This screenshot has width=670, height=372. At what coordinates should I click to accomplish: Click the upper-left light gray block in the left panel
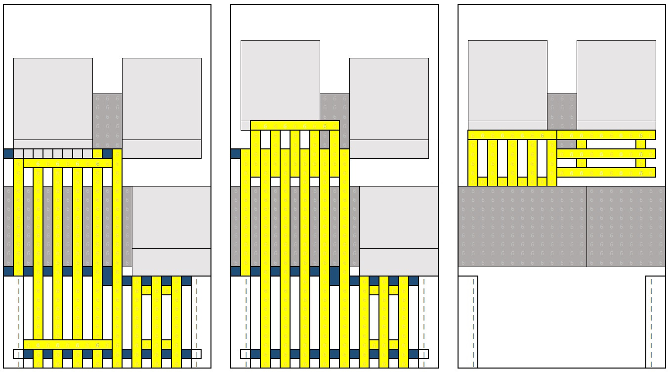pyautogui.click(x=53, y=99)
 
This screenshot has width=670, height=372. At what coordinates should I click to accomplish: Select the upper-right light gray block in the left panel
pyautogui.click(x=162, y=99)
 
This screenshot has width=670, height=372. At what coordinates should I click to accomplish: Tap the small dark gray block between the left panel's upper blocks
pyautogui.click(x=107, y=119)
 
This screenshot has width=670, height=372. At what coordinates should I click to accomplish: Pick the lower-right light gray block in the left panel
pyautogui.click(x=171, y=218)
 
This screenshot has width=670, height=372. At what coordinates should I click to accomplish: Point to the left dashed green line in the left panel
pyautogui.click(x=19, y=322)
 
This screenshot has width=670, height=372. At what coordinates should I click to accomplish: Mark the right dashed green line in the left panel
pyautogui.click(x=197, y=322)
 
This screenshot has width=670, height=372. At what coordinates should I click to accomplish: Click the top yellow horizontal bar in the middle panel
pyautogui.click(x=295, y=125)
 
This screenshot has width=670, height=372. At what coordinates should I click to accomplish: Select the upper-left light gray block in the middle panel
pyautogui.click(x=280, y=79)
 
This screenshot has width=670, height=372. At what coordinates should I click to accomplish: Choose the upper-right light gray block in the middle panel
pyautogui.click(x=389, y=99)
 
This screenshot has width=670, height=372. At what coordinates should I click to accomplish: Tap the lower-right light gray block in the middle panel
pyautogui.click(x=399, y=218)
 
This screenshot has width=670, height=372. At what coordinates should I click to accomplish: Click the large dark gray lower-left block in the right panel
pyautogui.click(x=522, y=227)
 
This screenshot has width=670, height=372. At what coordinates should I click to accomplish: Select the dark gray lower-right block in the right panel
pyautogui.click(x=626, y=227)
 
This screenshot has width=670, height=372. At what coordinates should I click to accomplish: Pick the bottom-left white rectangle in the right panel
pyautogui.click(x=468, y=322)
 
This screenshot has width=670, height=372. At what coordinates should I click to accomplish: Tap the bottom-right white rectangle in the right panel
pyautogui.click(x=656, y=322)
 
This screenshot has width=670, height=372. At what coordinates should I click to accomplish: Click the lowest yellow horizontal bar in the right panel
pyautogui.click(x=606, y=172)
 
